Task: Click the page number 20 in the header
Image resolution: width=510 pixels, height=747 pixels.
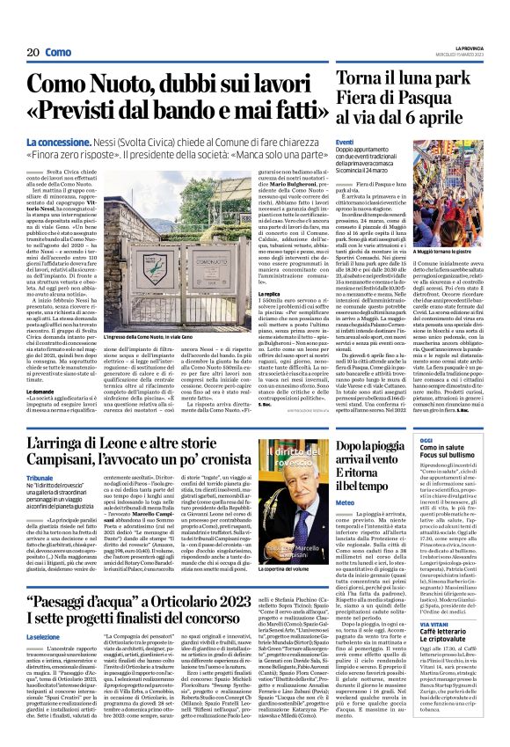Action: click(33, 52)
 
